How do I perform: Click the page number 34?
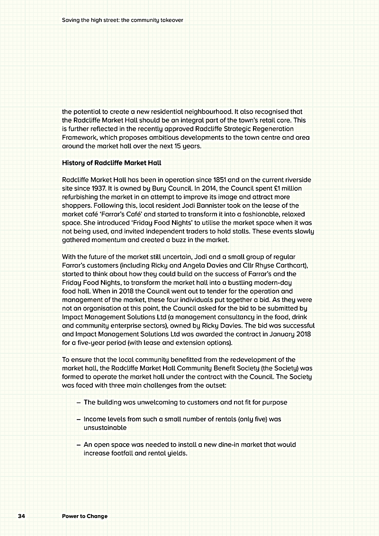pos(21,516)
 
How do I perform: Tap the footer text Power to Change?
pos(85,516)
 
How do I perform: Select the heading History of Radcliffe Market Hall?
pos(112,163)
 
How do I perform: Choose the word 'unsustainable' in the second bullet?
pos(105,428)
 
